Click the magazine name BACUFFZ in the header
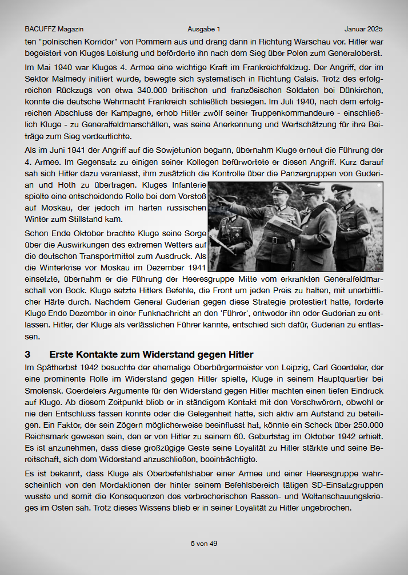41,29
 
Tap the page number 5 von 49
204,544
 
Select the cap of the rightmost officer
342,190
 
